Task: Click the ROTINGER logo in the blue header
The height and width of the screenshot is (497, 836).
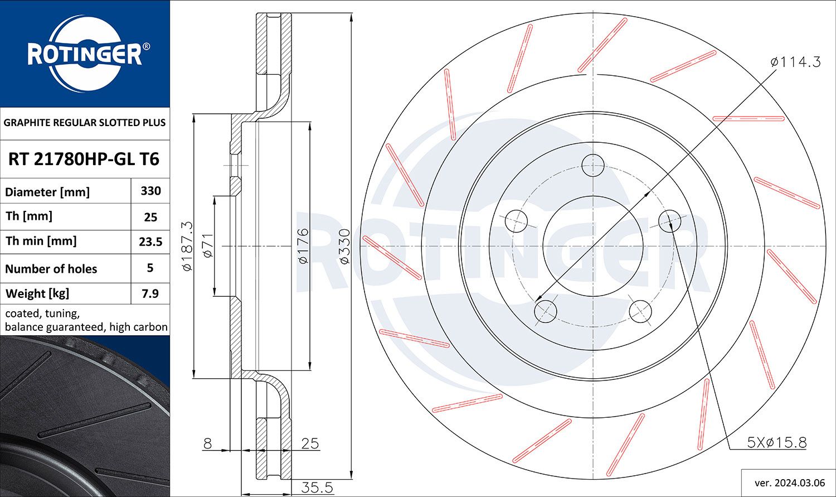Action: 85,54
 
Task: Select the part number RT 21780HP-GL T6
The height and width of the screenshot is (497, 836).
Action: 84,160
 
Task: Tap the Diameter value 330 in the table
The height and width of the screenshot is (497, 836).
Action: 150,191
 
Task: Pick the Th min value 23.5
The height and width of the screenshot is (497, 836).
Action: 150,242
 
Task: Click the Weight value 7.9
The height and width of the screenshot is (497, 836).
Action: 150,293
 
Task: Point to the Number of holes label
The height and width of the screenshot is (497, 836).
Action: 51,269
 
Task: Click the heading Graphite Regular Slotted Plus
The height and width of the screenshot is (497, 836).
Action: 85,123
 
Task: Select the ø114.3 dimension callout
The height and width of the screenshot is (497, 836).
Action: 795,62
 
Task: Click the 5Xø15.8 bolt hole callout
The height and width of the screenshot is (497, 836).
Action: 776,442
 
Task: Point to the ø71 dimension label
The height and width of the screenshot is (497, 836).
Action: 207,246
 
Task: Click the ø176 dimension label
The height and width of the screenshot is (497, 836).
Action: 303,246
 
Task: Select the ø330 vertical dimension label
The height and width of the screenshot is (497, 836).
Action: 344,246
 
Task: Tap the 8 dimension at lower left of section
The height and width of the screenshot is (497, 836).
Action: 207,443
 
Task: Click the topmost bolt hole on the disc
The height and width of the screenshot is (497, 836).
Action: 593,165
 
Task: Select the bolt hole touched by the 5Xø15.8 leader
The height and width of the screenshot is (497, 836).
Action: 669,221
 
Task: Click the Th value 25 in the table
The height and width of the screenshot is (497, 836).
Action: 150,217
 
